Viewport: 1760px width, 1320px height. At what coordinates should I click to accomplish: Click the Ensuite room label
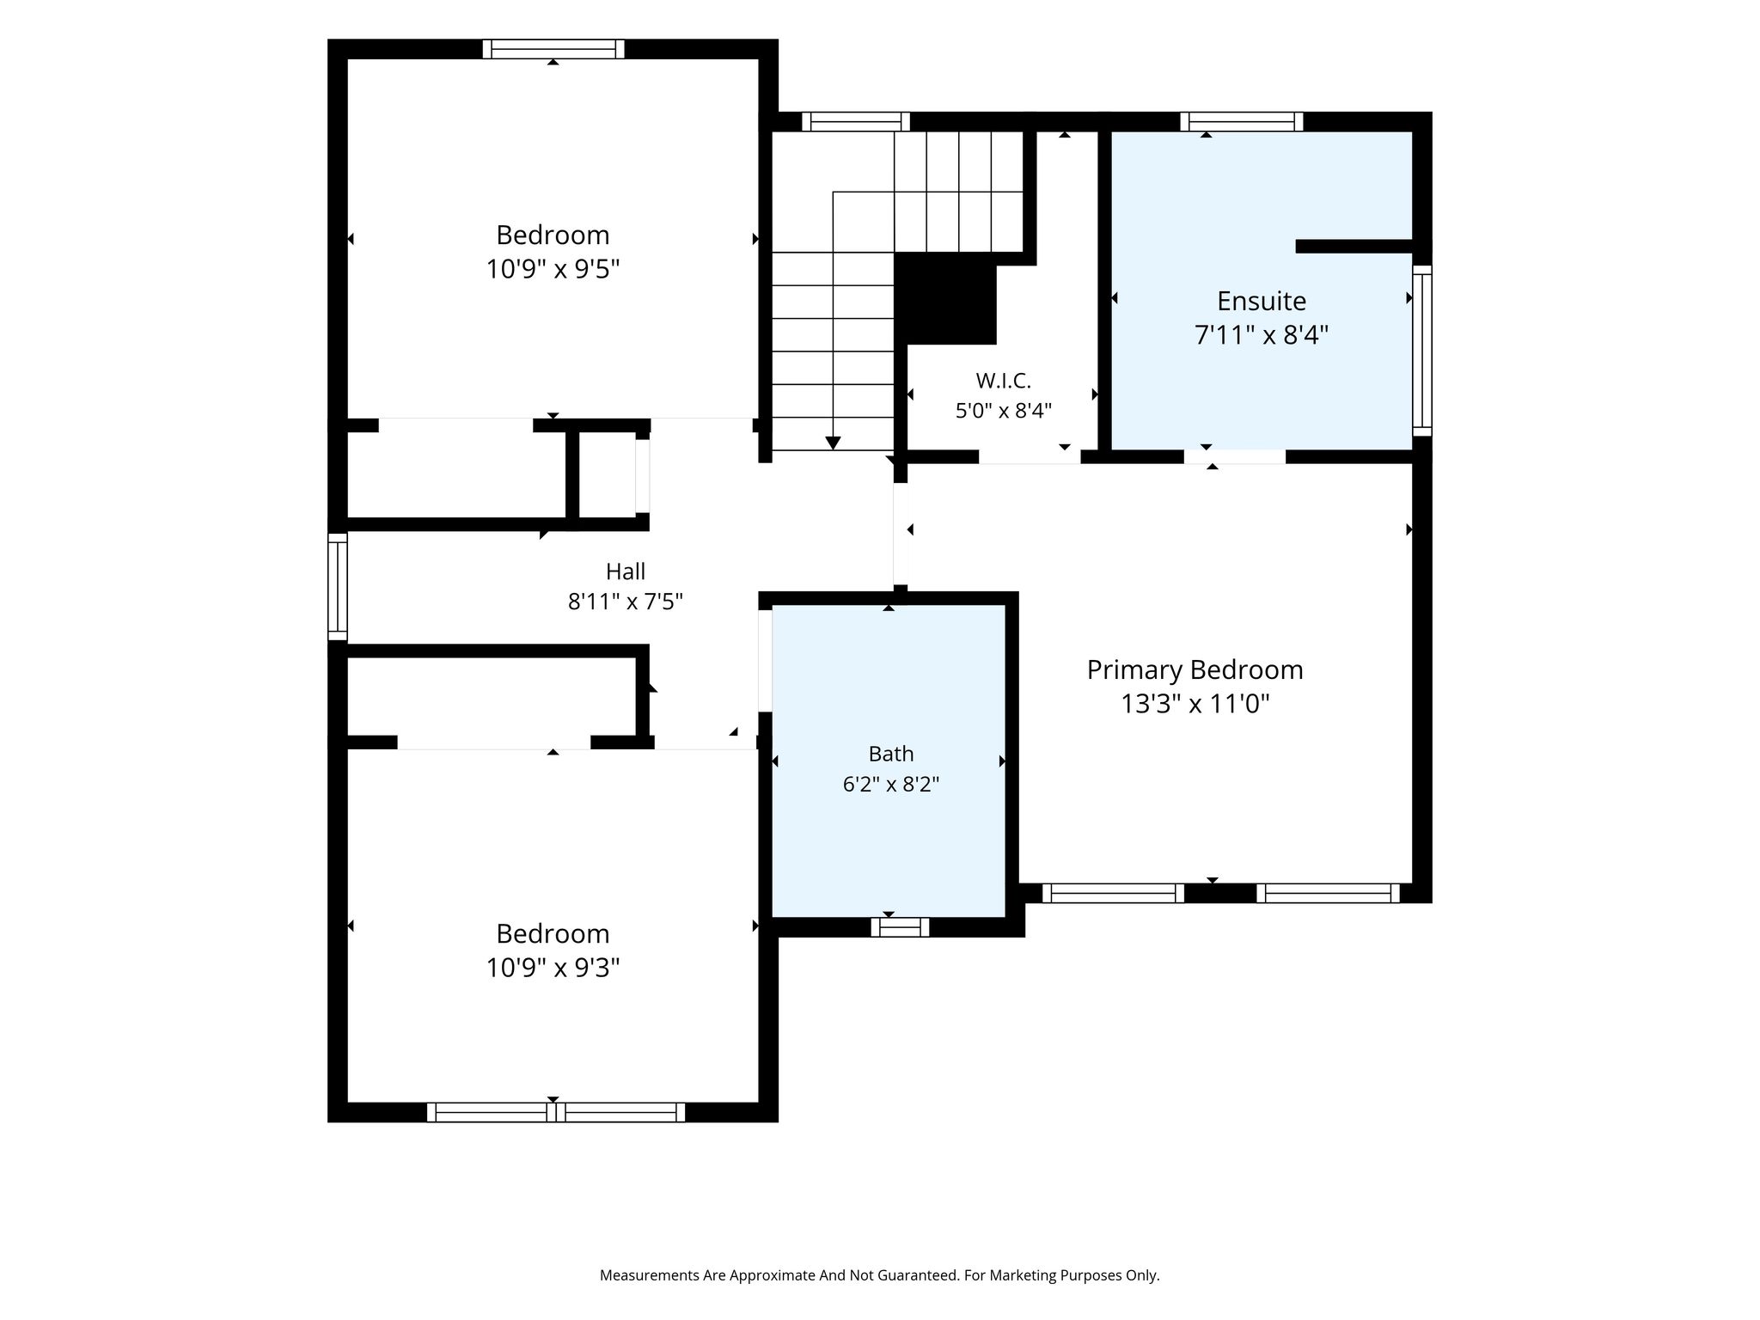(x=1261, y=301)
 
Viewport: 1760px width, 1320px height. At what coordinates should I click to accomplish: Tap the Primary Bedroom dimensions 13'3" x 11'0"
(x=1195, y=705)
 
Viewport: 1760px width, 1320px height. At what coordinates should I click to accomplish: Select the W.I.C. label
(x=1003, y=381)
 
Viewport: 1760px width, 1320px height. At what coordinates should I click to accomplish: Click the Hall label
(x=626, y=571)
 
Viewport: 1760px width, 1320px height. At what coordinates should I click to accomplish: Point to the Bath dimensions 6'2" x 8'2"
(x=891, y=785)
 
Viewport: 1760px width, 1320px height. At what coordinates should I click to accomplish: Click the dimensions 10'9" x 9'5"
(x=553, y=270)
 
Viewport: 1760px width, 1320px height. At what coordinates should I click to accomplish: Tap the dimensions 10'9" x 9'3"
(x=553, y=969)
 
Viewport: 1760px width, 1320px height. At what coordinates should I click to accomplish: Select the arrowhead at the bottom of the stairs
(x=833, y=443)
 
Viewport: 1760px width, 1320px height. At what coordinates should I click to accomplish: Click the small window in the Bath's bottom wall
(x=900, y=927)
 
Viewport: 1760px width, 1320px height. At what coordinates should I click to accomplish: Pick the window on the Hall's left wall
(x=338, y=587)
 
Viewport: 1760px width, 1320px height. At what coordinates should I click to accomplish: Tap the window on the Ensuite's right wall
(x=1422, y=351)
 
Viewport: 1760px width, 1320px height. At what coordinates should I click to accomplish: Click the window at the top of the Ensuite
(x=1242, y=122)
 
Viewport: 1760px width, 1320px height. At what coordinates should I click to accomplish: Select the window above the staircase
(x=856, y=122)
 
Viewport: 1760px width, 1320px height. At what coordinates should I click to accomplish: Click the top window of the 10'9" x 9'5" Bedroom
(x=553, y=49)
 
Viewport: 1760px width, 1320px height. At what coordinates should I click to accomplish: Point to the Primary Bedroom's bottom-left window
(x=1113, y=894)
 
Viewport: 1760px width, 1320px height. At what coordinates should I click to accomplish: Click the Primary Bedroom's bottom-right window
(x=1328, y=894)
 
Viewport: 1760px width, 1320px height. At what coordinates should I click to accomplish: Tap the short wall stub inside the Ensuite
(x=1354, y=247)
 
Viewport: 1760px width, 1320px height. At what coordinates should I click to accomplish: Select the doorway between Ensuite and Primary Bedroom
(x=1235, y=456)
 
